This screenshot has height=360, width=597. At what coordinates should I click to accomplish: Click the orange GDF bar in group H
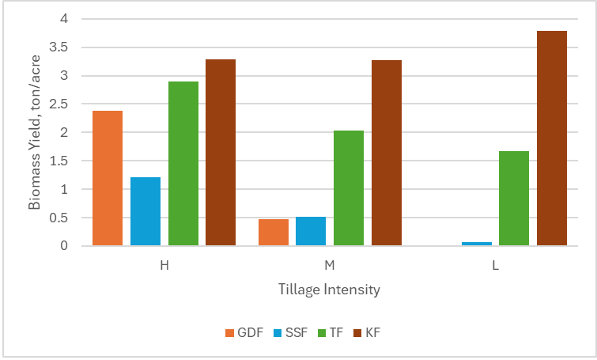[108, 179]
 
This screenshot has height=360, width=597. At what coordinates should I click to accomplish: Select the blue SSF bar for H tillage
[145, 211]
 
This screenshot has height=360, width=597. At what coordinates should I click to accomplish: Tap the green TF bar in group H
[183, 164]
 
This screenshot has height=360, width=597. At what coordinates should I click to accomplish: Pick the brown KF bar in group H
[221, 153]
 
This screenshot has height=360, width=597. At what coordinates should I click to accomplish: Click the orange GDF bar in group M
[273, 233]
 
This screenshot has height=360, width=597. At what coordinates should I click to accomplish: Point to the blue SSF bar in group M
[311, 231]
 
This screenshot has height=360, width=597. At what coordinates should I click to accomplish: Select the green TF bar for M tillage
[349, 188]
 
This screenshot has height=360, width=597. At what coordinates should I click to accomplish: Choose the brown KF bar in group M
[387, 153]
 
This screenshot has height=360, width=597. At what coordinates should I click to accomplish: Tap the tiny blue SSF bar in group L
[476, 244]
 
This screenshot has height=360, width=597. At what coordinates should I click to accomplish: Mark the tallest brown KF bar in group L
[552, 138]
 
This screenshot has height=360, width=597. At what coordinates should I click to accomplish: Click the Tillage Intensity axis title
[329, 290]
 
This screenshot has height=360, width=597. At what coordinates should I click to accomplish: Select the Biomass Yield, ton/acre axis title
[35, 131]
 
